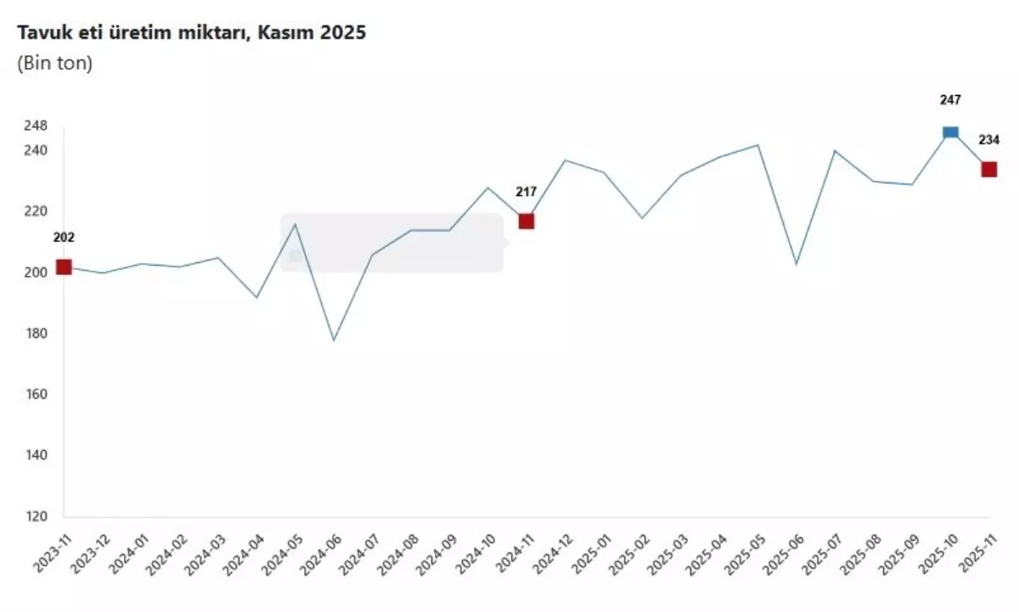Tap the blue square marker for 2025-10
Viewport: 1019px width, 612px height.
coord(950,132)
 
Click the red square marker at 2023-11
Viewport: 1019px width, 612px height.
coord(64,267)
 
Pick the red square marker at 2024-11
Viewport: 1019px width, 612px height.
coord(526,221)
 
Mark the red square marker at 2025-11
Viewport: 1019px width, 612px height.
coord(989,169)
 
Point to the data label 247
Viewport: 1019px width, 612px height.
coord(950,100)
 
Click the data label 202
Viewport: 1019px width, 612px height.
coord(64,237)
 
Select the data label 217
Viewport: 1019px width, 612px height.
coord(526,192)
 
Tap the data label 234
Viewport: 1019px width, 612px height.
coord(989,140)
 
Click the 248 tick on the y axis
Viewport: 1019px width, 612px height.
coord(35,126)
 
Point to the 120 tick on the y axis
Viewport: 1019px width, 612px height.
coord(35,516)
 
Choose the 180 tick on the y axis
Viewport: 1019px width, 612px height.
coord(35,334)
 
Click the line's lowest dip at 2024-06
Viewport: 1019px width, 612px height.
coord(334,340)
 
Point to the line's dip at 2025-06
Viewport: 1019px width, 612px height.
coord(797,264)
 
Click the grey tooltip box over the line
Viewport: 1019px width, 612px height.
coord(391,243)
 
